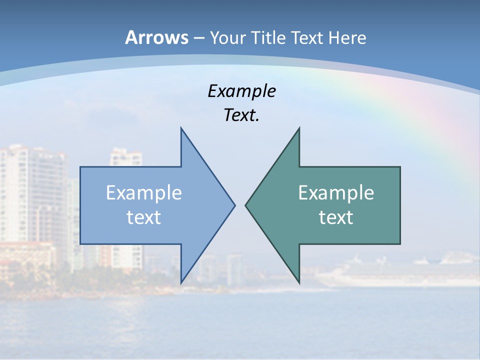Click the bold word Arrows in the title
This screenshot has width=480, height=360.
coord(157,37)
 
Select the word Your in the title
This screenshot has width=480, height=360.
coord(227,37)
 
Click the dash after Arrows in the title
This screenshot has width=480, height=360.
coord(198,38)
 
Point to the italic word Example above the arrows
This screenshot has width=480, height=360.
coord(241,91)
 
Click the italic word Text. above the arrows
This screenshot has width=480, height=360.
coord(241,115)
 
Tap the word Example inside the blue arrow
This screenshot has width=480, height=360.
coord(144,192)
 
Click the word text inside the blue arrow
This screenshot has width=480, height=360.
coord(144,217)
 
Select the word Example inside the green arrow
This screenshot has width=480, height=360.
coord(336,192)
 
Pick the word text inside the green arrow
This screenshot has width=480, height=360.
coord(336,217)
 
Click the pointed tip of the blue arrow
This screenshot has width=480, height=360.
coord(234,205)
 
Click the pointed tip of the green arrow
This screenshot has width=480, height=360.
coord(246,205)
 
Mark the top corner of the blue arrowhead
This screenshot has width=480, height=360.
coord(181,128)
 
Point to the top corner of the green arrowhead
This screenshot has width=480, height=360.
coord(299,128)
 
